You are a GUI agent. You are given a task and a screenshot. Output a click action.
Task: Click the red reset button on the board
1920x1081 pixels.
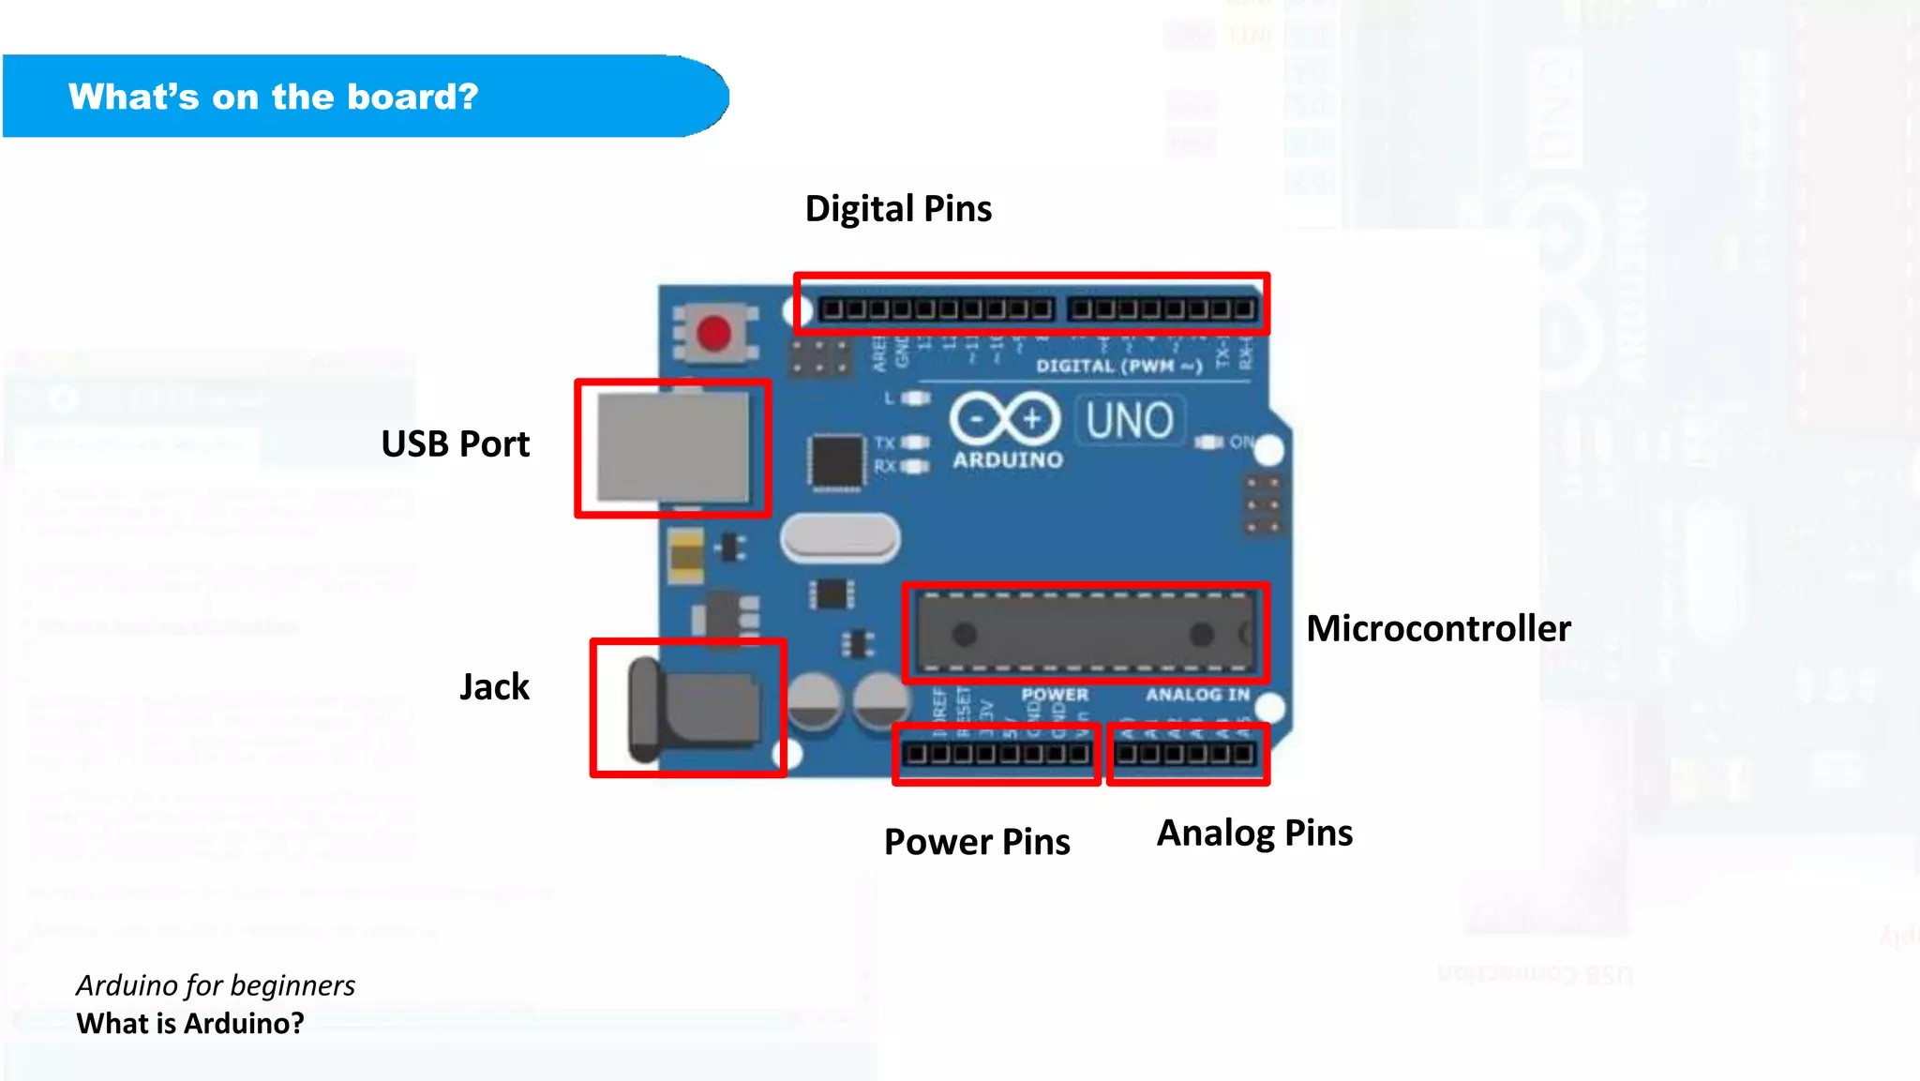click(x=714, y=333)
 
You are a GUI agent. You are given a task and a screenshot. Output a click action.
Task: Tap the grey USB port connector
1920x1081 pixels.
click(x=673, y=448)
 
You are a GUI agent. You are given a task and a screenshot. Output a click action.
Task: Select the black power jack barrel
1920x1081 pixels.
click(x=694, y=710)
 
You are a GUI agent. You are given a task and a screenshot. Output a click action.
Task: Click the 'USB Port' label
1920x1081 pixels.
click(x=455, y=443)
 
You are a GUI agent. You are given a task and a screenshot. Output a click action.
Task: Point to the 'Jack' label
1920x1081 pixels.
click(x=494, y=686)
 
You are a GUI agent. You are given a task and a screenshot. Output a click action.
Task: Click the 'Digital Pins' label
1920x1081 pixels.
click(x=898, y=208)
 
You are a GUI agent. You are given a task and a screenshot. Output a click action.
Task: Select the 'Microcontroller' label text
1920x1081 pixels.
click(x=1438, y=628)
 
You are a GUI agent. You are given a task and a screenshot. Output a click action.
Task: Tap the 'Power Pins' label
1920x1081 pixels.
click(x=977, y=841)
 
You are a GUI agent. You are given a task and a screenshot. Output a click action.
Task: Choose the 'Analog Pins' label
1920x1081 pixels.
click(x=1254, y=833)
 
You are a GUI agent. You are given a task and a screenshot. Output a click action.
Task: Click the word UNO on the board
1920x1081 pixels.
click(x=1130, y=420)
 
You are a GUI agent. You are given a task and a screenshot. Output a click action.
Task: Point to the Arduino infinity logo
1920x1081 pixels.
click(x=1004, y=418)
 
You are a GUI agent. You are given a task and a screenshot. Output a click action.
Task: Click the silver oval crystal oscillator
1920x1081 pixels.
click(x=840, y=538)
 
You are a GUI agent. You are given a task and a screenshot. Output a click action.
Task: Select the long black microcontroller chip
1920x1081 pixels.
click(x=1085, y=634)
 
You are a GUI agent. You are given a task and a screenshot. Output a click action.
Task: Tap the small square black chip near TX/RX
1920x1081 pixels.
click(x=835, y=461)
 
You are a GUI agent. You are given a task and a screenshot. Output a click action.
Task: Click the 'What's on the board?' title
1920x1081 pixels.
click(x=273, y=97)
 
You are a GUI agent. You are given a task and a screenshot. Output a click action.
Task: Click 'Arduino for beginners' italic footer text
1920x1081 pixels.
click(x=216, y=985)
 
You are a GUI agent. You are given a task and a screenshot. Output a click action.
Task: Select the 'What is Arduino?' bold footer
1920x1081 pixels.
click(x=190, y=1023)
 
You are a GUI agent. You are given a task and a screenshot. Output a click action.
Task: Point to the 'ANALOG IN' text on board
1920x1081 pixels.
click(x=1197, y=695)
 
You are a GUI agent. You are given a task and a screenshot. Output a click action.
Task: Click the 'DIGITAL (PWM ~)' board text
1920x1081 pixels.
click(x=1118, y=366)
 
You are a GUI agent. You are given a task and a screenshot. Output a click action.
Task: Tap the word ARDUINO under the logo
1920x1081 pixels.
click(x=1008, y=459)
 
